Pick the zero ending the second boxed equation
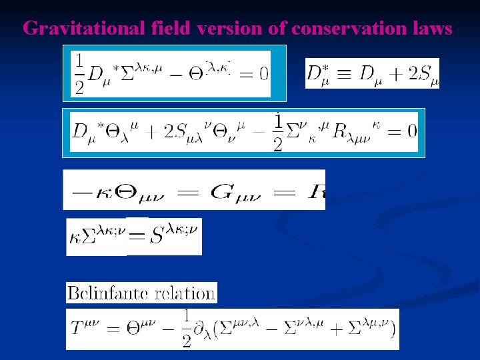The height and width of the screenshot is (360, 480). click(x=411, y=131)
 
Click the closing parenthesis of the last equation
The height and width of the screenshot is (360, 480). click(x=393, y=329)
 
